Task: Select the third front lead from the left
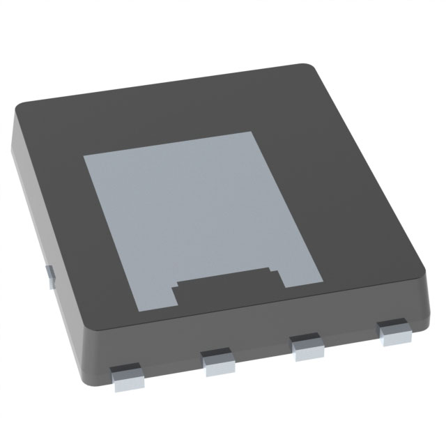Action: coord(307,347)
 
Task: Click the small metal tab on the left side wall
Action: coord(49,275)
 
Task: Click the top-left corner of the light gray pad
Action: coord(85,156)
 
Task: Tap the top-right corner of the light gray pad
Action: coord(251,133)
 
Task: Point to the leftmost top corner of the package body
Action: coord(19,107)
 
